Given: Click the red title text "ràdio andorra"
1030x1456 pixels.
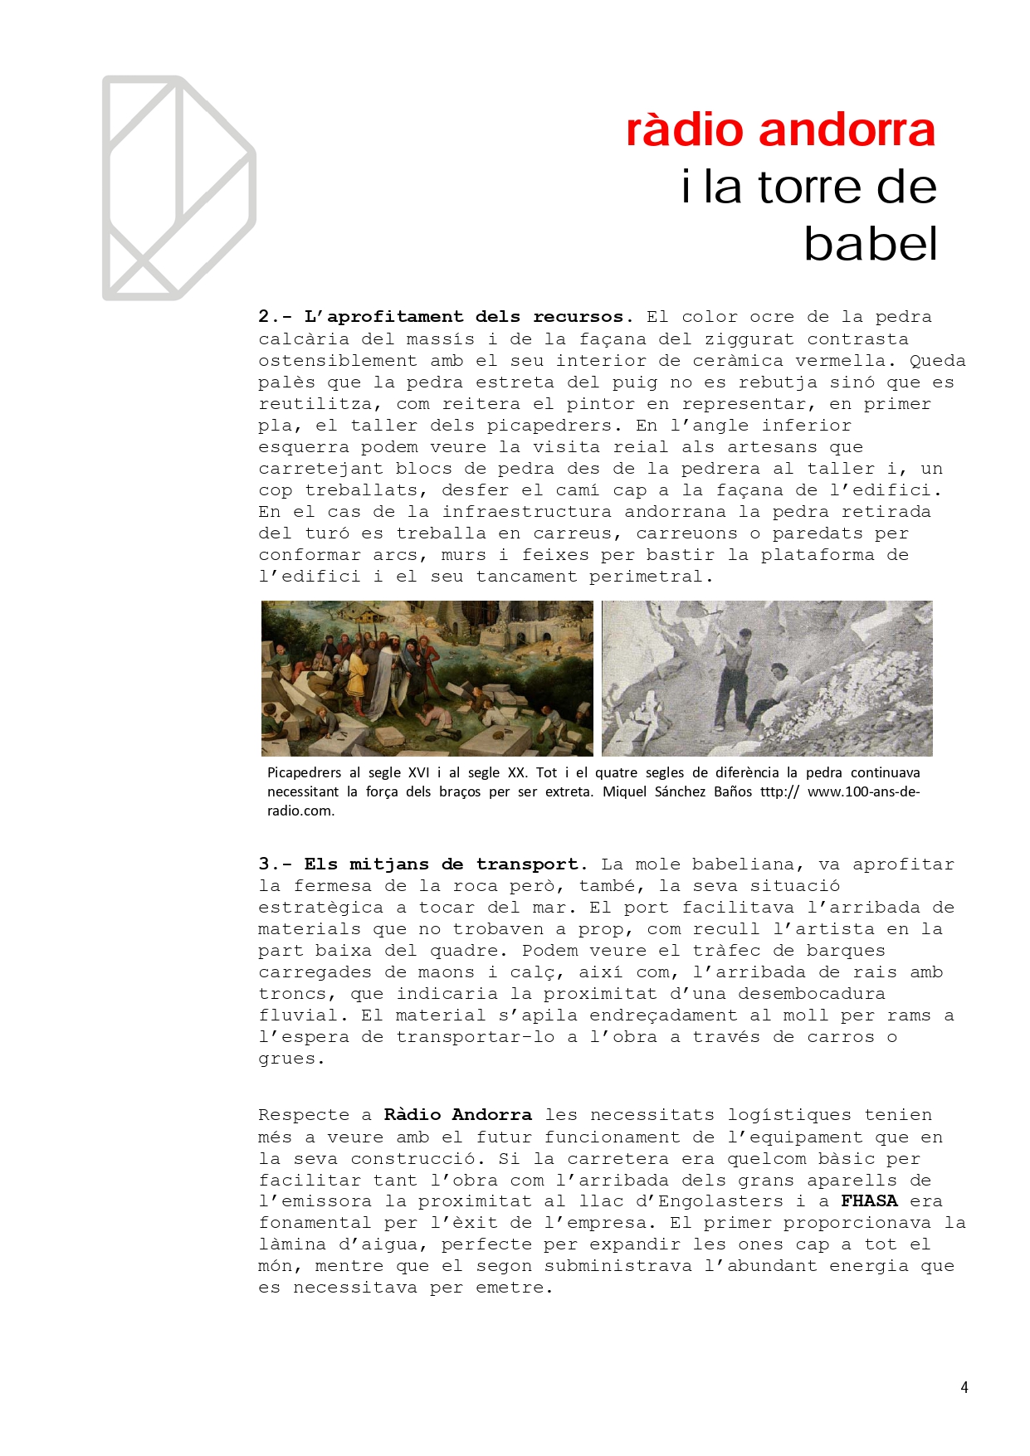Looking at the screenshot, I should pyautogui.click(x=780, y=130).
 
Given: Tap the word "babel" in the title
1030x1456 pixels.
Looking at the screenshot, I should pyautogui.click(x=870, y=244).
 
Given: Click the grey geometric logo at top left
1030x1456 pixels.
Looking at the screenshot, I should pyautogui.click(x=178, y=188).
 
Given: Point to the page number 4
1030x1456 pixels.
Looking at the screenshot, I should pyautogui.click(x=964, y=1387).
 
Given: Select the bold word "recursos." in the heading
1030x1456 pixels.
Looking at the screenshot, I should pyautogui.click(x=583, y=317).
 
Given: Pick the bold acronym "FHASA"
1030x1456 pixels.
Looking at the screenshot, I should pyautogui.click(x=869, y=1200).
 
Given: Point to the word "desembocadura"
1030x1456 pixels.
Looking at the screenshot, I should pyautogui.click(x=812, y=994).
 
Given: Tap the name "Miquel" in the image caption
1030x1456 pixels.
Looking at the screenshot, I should pyautogui.click(x=625, y=791).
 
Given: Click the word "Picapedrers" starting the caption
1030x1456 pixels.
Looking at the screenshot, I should pyautogui.click(x=304, y=772).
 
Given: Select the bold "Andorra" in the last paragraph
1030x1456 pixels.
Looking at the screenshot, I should pyautogui.click(x=491, y=1115).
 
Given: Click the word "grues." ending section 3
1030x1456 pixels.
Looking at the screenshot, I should pyautogui.click(x=290, y=1059).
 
